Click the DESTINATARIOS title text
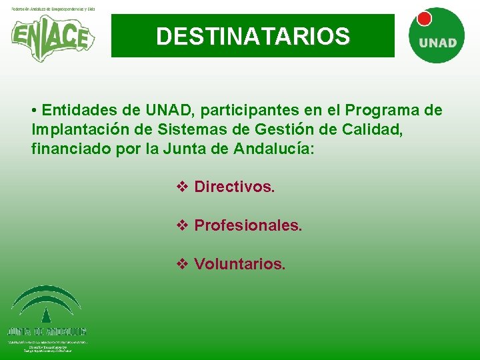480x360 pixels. coord(253,37)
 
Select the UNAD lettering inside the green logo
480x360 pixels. coord(437,43)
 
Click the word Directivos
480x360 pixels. coord(234,187)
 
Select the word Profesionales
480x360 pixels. coord(248,225)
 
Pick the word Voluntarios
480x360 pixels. coord(239,264)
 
